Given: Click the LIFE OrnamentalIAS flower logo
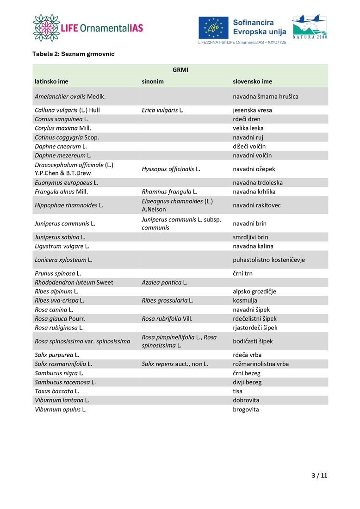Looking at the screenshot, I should click(46, 27).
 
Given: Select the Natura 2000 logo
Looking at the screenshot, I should click(309, 26).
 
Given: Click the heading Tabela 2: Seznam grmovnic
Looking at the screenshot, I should click(73, 54).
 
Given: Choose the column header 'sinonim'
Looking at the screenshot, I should click(153, 81).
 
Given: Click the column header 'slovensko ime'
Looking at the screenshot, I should click(252, 81).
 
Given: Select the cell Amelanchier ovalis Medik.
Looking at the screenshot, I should click(70, 96).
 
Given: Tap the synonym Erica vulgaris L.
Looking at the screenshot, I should click(162, 110).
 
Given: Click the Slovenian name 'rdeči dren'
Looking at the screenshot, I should click(247, 119).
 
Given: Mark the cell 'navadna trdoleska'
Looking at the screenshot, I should click(258, 183).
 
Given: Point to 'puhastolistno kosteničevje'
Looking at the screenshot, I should click(269, 260).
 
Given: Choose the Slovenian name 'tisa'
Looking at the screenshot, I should click(238, 391).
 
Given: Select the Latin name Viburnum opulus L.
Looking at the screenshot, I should click(61, 410).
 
